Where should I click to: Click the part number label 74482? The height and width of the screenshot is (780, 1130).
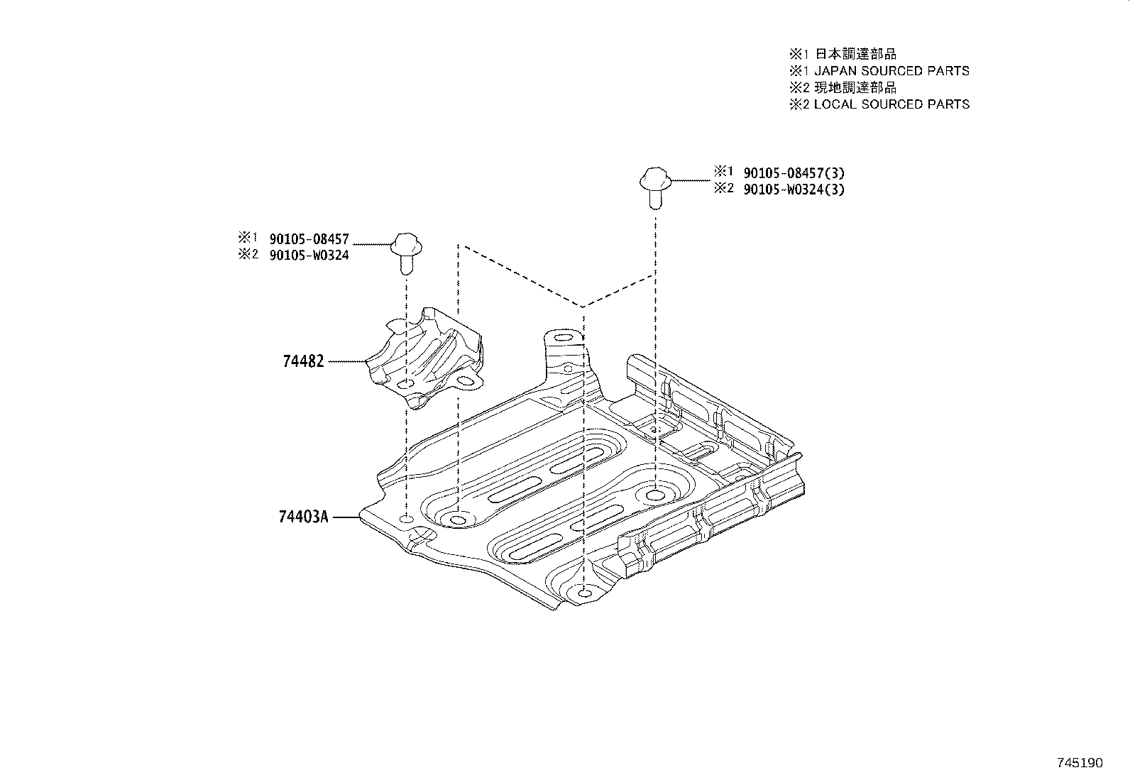click(303, 361)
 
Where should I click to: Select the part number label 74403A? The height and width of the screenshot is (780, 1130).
click(303, 517)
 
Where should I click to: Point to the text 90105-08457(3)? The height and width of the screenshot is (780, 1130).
click(794, 172)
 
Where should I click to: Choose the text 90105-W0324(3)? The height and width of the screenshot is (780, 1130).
click(794, 189)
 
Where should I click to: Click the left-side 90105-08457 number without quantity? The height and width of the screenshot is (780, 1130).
click(309, 240)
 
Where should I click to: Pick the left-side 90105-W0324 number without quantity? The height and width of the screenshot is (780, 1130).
click(309, 256)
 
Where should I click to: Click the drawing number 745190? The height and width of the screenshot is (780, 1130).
click(1080, 763)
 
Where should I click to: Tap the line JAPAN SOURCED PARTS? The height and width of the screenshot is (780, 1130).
click(891, 71)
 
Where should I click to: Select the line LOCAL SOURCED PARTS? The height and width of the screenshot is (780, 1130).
click(891, 104)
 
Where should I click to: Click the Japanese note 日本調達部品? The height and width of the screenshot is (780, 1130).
click(855, 54)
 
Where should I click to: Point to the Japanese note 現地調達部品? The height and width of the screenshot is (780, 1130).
click(855, 87)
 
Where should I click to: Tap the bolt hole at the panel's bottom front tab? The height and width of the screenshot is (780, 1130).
click(583, 593)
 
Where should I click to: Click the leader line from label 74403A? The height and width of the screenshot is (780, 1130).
click(347, 517)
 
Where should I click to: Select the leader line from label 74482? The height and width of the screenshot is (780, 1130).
click(348, 361)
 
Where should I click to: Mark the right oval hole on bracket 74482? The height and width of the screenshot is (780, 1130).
click(465, 382)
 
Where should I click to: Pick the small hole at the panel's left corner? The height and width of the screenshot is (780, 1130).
click(405, 520)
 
